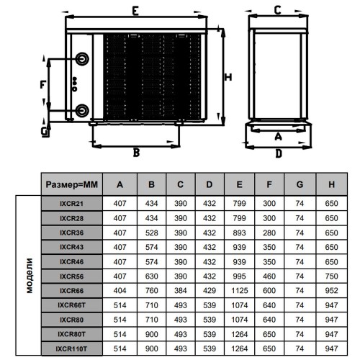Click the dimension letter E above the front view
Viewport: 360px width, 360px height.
tap(135, 11)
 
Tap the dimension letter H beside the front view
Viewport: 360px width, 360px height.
tap(228, 77)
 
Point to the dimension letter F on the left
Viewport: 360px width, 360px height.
tap(43, 84)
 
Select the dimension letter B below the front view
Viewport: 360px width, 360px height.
tap(136, 153)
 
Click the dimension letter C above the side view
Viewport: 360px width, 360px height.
tap(278, 10)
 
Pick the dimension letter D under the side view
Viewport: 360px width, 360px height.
tap(279, 153)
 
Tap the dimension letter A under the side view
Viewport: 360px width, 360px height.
tap(278, 136)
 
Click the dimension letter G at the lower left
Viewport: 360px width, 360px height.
tap(45, 132)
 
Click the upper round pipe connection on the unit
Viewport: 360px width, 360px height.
tap(82, 58)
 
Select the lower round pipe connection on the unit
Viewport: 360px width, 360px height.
tap(82, 110)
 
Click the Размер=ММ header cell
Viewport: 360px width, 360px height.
tap(72, 184)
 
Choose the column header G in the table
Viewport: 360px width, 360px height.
tap(300, 184)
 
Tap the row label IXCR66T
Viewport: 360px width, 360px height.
tap(71, 305)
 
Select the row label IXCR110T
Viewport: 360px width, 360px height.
tap(71, 348)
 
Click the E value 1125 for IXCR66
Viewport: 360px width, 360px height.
tap(240, 291)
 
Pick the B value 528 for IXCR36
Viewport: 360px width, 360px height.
tap(151, 233)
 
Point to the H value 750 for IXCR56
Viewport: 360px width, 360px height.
tap(331, 276)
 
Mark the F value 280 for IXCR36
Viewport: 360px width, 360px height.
tap(269, 233)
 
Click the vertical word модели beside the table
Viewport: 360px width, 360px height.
tap(30, 276)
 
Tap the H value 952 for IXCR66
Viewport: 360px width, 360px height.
tap(331, 291)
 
